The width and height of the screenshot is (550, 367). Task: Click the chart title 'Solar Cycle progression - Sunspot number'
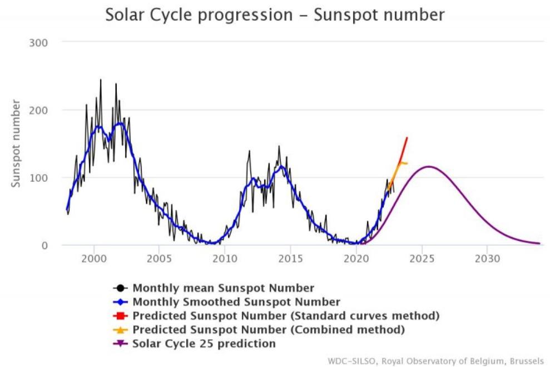pos(275,15)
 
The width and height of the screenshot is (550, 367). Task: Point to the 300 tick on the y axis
pos(38,43)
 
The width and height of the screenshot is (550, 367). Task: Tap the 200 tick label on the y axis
pos(38,110)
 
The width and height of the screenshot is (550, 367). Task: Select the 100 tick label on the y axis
pos(38,178)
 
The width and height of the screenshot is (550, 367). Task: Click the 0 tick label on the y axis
pos(44,245)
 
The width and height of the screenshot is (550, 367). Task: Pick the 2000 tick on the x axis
pos(93,259)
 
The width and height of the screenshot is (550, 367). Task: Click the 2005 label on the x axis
pos(159,259)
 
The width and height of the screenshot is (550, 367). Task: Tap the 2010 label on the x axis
pos(225,259)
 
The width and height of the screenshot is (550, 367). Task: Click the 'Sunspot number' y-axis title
pos(17,143)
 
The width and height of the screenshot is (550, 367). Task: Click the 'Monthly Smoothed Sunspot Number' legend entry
pos(236,302)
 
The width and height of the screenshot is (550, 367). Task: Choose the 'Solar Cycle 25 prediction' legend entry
pos(204,344)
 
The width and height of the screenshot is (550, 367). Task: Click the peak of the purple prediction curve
pos(428,166)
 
